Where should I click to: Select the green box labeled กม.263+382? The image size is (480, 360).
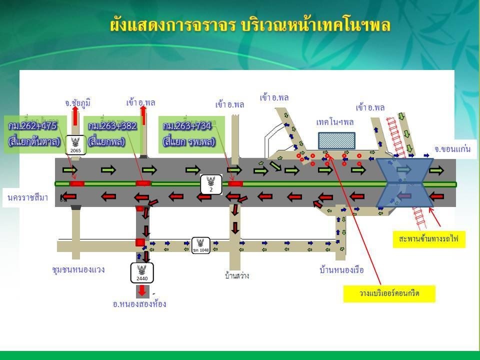(112, 133)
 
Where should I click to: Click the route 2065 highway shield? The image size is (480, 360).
(76, 144)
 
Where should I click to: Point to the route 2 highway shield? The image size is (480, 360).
(211, 184)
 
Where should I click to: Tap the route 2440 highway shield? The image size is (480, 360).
(142, 272)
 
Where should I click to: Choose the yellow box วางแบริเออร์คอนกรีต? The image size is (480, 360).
(389, 294)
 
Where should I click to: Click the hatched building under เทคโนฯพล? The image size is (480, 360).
(336, 140)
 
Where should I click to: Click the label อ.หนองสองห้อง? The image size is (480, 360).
(139, 304)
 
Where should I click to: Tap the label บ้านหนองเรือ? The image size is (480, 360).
(341, 270)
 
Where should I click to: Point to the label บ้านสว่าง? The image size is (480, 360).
(237, 275)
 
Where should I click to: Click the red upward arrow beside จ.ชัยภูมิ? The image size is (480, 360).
(75, 116)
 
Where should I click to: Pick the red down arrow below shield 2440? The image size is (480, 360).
(142, 290)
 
